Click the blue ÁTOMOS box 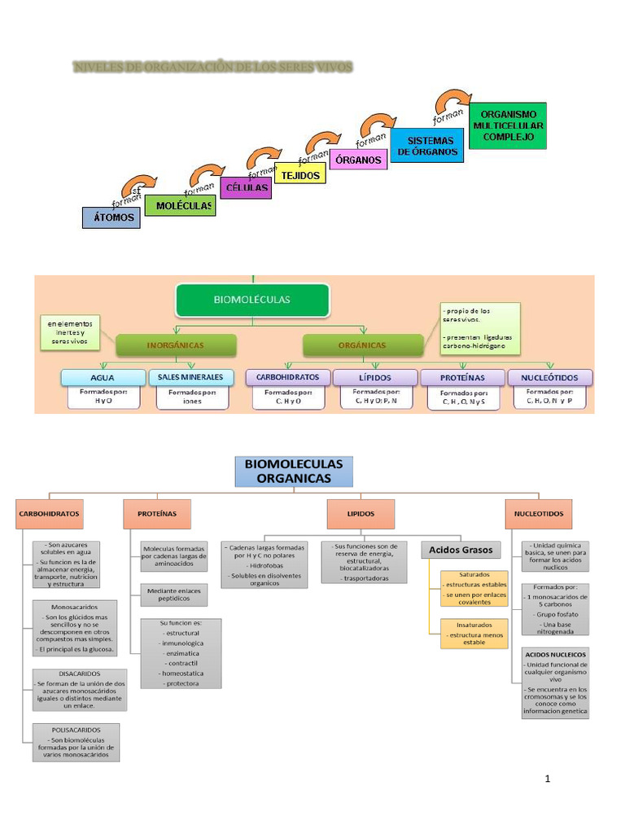111,217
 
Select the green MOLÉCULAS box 180,206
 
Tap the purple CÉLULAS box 246,187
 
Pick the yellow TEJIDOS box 301,174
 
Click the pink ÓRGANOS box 358,160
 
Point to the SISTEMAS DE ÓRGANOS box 426,147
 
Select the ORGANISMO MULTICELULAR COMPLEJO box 509,125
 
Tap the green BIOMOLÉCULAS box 251,299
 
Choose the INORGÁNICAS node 175,345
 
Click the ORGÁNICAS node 362,345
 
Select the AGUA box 102,377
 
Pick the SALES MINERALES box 190,377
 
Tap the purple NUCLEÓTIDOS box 550,377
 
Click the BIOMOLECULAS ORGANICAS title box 294,471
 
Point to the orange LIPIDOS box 361,514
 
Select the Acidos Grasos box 461,550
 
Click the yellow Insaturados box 474,633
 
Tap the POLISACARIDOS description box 76,742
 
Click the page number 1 548,779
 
